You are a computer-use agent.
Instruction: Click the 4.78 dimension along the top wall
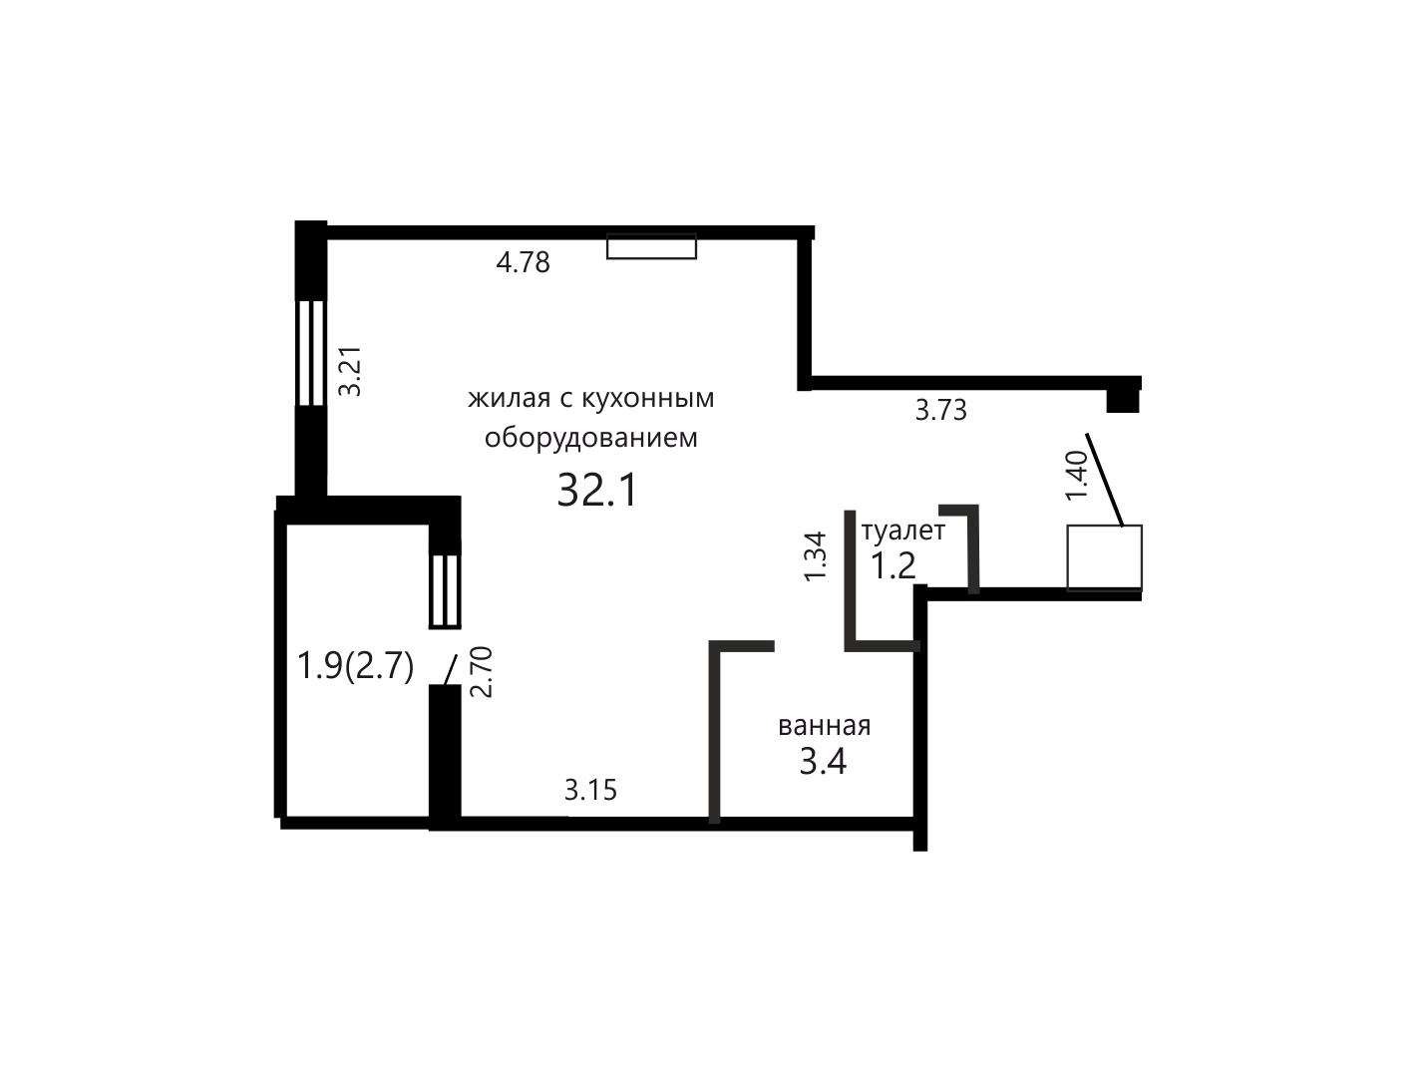[523, 263]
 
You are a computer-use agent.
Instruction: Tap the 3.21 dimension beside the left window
[351, 372]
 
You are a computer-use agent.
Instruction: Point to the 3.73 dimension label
[940, 410]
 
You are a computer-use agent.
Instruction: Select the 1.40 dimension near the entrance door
[1076, 476]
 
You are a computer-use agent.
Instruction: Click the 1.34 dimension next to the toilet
[815, 556]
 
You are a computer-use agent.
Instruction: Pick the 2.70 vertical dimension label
[482, 672]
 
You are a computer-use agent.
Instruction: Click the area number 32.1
[598, 490]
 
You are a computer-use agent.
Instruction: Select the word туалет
[903, 531]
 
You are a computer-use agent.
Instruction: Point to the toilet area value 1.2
[892, 566]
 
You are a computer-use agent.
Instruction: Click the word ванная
[824, 726]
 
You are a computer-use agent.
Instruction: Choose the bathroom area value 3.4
[823, 762]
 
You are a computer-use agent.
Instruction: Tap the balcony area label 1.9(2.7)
[354, 666]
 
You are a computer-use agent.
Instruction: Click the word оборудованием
[590, 438]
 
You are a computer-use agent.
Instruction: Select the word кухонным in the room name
[647, 399]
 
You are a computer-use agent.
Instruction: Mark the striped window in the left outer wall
[310, 353]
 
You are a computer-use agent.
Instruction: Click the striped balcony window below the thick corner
[445, 591]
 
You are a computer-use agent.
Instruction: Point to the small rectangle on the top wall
[651, 246]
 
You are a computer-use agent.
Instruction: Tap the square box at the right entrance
[1104, 557]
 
